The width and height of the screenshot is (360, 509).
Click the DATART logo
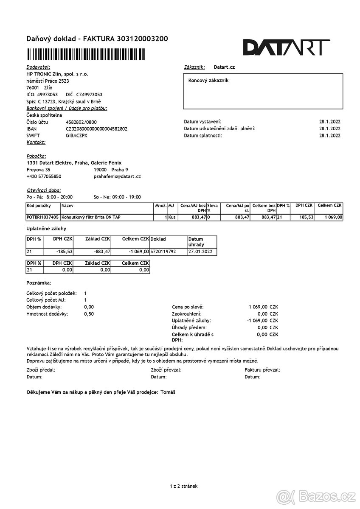click(286, 48)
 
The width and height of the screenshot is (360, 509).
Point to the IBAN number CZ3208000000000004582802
click(96, 129)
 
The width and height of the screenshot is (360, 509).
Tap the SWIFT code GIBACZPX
click(76, 135)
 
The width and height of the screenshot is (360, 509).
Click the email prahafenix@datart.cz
click(117, 176)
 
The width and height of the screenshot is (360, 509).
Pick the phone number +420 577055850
click(44, 176)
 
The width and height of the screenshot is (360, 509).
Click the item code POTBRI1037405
click(42, 217)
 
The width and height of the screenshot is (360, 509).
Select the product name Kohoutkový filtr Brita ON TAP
click(89, 217)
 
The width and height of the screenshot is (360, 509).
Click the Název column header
click(67, 205)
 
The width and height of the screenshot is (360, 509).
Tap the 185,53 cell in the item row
click(304, 217)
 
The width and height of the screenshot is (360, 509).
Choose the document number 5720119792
click(163, 252)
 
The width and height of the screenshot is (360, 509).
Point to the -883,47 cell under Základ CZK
click(102, 252)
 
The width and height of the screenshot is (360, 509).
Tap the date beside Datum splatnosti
click(329, 135)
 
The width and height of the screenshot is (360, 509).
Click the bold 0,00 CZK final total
click(267, 334)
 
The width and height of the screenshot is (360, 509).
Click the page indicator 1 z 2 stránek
click(183, 486)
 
